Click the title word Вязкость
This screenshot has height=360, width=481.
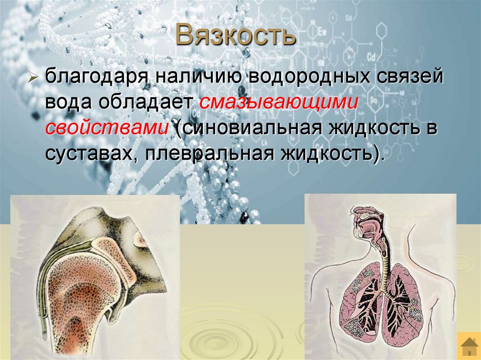coord(236,36)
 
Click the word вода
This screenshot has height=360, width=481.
coord(70,102)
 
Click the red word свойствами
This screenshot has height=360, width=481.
coord(107,129)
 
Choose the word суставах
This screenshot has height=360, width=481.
coord(91,153)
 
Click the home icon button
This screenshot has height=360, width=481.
coord(468,346)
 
